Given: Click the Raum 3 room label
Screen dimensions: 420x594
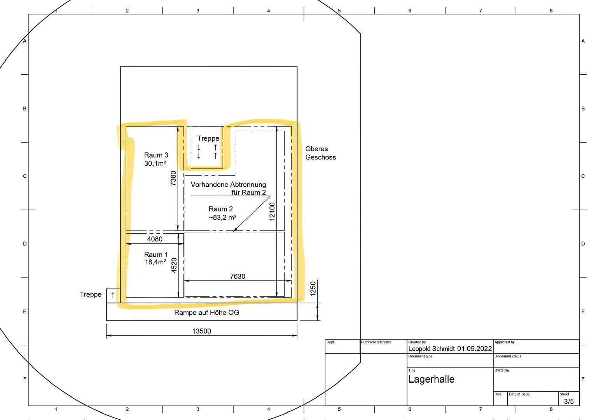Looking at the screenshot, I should click(156, 155).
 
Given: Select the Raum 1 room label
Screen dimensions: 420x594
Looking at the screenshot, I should click(156, 255).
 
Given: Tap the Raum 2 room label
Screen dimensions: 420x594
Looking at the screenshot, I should click(220, 209).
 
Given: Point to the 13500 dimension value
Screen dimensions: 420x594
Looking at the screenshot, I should click(201, 331).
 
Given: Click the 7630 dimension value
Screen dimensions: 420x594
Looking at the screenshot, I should click(237, 276).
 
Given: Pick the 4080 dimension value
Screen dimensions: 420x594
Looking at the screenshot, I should click(155, 239).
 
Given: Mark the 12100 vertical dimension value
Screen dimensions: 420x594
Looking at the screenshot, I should click(272, 211).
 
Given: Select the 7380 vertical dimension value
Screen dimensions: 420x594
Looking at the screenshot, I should click(173, 178).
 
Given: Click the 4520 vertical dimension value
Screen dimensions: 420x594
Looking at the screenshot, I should click(174, 265).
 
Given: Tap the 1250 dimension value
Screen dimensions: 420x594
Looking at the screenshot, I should click(313, 289).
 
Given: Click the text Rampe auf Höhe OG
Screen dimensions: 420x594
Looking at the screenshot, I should click(206, 313).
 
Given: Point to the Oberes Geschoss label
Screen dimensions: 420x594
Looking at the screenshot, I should click(320, 153).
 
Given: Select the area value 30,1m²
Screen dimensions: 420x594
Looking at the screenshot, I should click(155, 164).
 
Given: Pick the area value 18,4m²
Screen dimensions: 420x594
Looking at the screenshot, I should click(155, 262).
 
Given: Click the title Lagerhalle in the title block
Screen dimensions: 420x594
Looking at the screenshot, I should click(431, 379).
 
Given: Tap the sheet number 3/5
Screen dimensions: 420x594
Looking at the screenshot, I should click(568, 401).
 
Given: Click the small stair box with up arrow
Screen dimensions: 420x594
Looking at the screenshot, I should click(113, 295).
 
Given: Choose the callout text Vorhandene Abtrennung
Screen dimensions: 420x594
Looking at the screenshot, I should click(228, 184).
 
